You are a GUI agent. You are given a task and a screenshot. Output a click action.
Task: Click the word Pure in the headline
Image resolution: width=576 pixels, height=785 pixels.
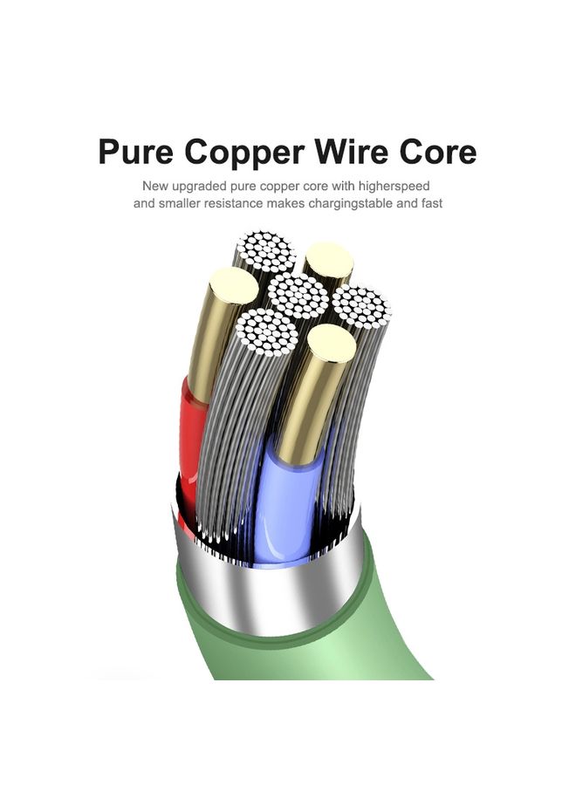[135, 151]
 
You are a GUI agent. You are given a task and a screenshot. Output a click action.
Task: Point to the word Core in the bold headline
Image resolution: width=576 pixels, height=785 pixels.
[438, 151]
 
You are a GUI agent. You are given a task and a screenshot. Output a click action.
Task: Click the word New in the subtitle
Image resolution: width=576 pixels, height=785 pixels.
[155, 186]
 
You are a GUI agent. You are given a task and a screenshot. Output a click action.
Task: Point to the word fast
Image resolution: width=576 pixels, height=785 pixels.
[432, 203]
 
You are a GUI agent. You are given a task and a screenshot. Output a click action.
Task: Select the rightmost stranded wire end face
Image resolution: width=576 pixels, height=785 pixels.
[360, 305]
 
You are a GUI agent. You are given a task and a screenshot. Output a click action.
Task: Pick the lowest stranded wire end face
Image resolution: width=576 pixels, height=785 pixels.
[266, 332]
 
